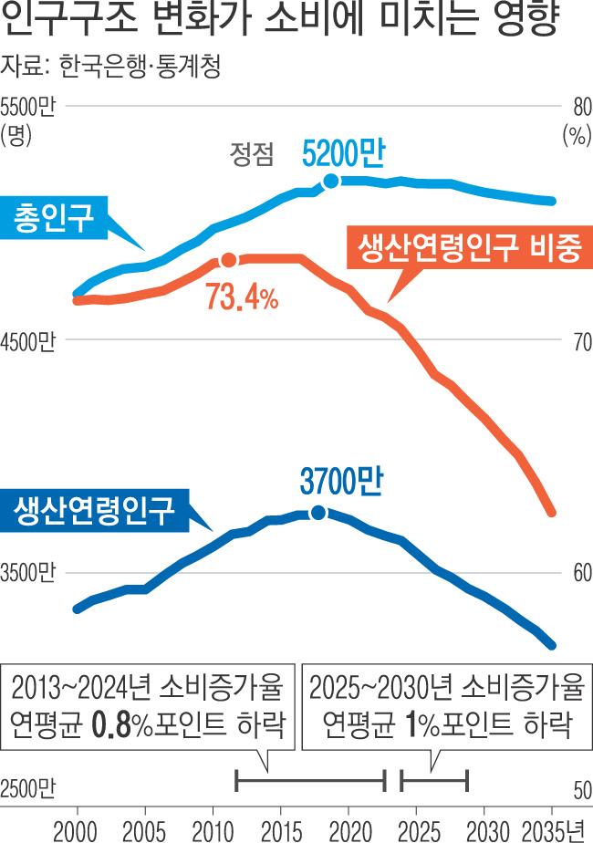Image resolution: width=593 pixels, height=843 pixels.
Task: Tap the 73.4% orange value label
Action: point(242,299)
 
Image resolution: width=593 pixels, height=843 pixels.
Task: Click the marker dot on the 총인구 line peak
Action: point(332,181)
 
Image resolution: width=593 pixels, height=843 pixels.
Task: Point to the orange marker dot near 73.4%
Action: point(228,261)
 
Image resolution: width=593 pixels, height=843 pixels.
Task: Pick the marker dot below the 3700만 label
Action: point(318,513)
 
